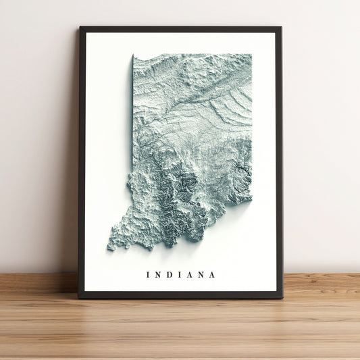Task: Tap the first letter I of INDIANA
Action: [x=147, y=275]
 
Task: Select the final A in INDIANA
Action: [x=213, y=275]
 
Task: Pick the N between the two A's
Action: [x=201, y=275]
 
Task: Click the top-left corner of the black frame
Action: [x=80, y=27]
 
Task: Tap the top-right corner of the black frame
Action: [x=280, y=27]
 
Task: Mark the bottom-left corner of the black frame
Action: [x=78, y=297]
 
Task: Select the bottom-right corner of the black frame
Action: [x=282, y=297]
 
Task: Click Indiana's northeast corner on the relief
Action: [x=251, y=55]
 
